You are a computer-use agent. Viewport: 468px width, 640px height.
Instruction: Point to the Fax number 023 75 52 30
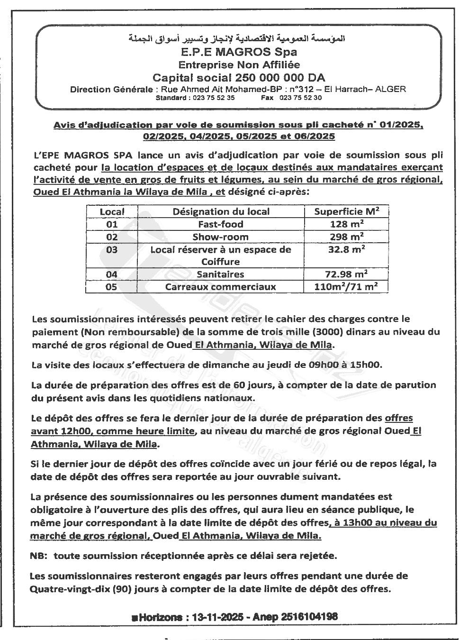pyautogui.click(x=301, y=98)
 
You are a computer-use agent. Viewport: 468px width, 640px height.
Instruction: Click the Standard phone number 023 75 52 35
pyautogui.click(x=212, y=98)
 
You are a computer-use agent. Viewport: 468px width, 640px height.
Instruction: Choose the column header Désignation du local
pyautogui.click(x=221, y=211)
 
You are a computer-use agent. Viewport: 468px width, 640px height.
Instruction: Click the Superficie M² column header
pyautogui.click(x=347, y=211)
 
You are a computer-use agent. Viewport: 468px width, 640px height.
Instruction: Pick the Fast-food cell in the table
pyautogui.click(x=221, y=224)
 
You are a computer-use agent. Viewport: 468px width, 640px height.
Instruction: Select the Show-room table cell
pyautogui.click(x=221, y=237)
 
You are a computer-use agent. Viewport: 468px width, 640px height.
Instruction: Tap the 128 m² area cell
pyautogui.click(x=347, y=224)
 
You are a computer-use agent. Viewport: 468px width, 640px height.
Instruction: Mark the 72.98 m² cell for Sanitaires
pyautogui.click(x=349, y=274)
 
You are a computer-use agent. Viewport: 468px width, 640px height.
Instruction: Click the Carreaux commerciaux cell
pyautogui.click(x=221, y=286)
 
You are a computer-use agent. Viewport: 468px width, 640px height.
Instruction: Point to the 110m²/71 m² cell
pyautogui.click(x=346, y=286)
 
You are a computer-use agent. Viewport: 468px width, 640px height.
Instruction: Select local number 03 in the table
pyautogui.click(x=112, y=249)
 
